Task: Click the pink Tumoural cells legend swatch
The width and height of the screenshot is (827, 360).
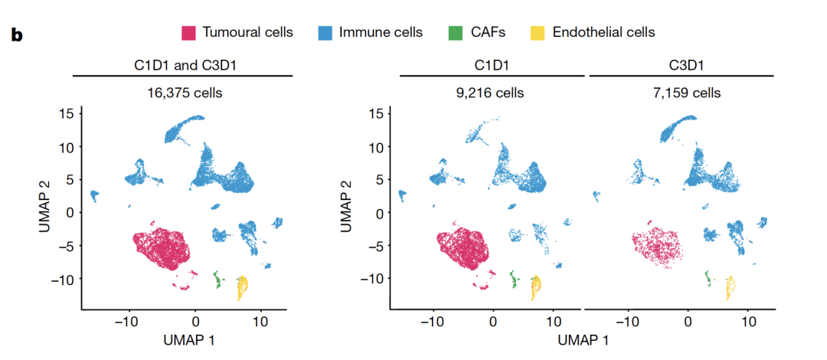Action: click(x=189, y=32)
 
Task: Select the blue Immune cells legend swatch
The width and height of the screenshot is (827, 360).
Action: click(x=325, y=32)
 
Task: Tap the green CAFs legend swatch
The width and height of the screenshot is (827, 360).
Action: click(x=455, y=32)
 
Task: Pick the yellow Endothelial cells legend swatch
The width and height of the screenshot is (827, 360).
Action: click(x=538, y=32)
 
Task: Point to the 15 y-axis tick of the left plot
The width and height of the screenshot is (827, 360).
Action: click(x=67, y=113)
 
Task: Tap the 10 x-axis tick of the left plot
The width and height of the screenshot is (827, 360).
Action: click(x=260, y=321)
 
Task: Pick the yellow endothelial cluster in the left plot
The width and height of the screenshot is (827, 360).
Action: click(x=242, y=288)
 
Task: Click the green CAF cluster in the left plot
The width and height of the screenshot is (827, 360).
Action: click(x=217, y=280)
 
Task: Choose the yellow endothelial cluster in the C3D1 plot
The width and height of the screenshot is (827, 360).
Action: click(x=730, y=288)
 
